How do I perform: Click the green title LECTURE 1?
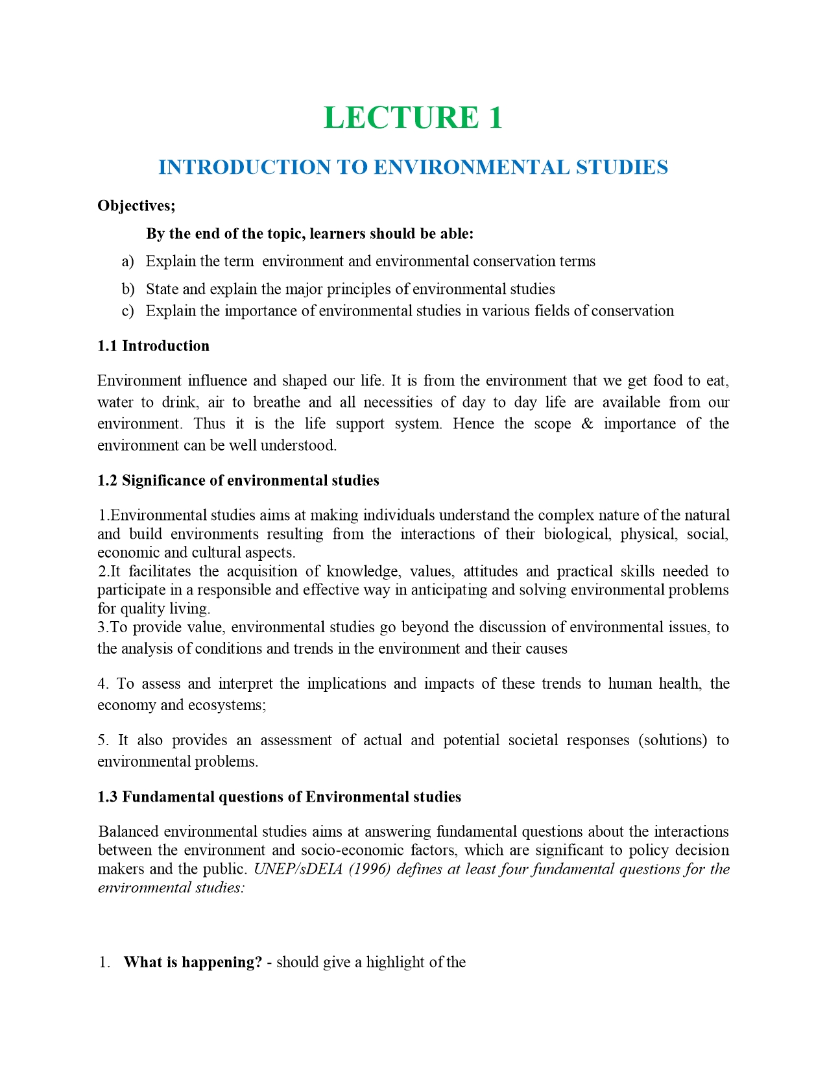(x=413, y=118)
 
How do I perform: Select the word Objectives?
(x=136, y=206)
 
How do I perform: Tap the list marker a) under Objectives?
(x=128, y=261)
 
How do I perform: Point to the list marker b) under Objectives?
(x=128, y=289)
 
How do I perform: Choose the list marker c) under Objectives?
(x=128, y=311)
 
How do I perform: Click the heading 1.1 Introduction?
(x=153, y=346)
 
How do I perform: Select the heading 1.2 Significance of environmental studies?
(x=238, y=480)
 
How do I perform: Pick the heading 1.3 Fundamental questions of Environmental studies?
(x=279, y=797)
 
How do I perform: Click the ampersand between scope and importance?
(x=587, y=424)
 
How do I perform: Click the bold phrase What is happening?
(x=193, y=962)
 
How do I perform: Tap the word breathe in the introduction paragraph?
(x=276, y=402)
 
